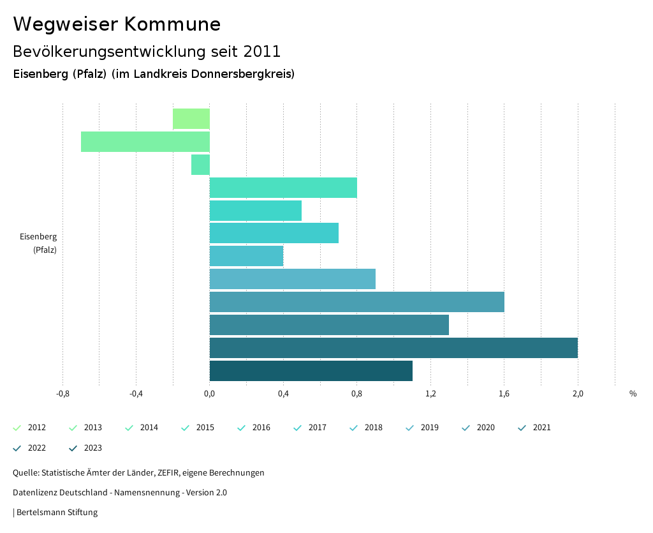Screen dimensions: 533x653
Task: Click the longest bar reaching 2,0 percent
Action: (393, 348)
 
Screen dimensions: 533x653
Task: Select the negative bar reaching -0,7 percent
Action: (145, 142)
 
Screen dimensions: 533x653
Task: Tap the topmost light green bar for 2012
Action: (191, 119)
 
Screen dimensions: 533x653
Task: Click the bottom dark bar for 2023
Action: (311, 371)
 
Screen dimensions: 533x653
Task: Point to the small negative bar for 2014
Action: (200, 165)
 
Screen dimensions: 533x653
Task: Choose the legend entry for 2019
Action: (422, 428)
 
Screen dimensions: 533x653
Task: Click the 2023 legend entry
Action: (85, 448)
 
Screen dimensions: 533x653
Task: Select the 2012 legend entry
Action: (29, 428)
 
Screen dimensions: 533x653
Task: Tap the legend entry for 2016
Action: (254, 428)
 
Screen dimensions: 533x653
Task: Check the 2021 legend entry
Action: (534, 428)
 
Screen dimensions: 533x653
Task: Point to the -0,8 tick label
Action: (62, 394)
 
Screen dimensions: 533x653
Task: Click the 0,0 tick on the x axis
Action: (209, 394)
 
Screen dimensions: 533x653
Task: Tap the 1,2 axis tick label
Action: (430, 394)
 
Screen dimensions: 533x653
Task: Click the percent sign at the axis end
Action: (633, 394)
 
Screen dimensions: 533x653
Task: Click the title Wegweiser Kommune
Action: (117, 24)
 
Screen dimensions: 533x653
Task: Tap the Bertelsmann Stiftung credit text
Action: (57, 513)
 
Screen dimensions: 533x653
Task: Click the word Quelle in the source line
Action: (25, 473)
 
